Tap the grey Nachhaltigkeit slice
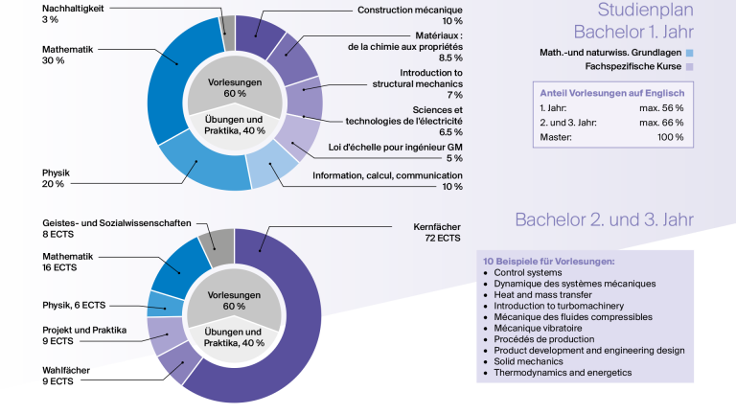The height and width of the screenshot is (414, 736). (229, 32)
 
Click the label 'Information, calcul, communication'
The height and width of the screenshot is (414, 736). (388, 175)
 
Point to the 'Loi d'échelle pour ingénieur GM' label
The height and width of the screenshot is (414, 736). (395, 148)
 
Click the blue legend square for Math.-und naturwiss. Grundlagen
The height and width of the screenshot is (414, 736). (690, 53)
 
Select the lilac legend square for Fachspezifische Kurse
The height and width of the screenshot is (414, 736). (690, 67)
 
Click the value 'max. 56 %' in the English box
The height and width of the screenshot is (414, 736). (661, 108)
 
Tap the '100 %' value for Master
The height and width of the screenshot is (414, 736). (670, 138)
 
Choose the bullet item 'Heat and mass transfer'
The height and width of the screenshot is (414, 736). (542, 295)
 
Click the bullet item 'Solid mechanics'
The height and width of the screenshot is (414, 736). (528, 361)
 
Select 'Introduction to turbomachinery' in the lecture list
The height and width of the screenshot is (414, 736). (559, 306)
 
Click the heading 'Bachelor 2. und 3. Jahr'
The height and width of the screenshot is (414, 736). (604, 219)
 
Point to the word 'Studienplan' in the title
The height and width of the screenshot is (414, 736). (645, 10)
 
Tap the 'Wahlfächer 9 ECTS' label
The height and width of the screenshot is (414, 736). (66, 376)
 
